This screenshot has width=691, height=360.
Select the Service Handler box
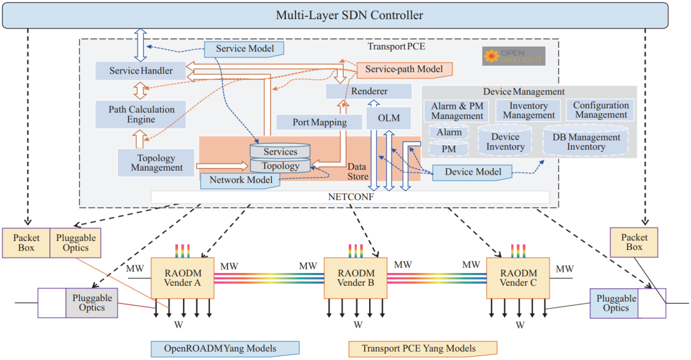pos(141,70)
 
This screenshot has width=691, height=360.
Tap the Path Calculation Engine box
pos(141,114)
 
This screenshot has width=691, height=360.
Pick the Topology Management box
pos(156,162)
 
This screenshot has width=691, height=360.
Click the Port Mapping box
pos(319,122)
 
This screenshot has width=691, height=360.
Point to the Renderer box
pos(369,91)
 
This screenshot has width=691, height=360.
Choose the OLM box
pos(389,118)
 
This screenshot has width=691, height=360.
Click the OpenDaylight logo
pos(514,56)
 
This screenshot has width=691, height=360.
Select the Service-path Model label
pos(404,69)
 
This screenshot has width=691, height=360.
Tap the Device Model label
pos(472,172)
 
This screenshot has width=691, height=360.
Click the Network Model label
pos(241,180)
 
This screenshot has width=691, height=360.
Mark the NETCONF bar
pos(351,197)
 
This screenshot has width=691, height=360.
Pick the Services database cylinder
pos(280,151)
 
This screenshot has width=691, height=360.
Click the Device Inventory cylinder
pos(505,141)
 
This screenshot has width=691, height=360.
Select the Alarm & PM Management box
pos(457,111)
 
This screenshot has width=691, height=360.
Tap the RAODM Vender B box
pos(356,278)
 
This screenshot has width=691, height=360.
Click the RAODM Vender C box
pos(518,278)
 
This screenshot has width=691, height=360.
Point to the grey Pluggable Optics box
pos(91,302)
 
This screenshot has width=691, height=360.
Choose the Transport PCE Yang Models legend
pos(423,348)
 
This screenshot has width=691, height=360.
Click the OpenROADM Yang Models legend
pos(225,348)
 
